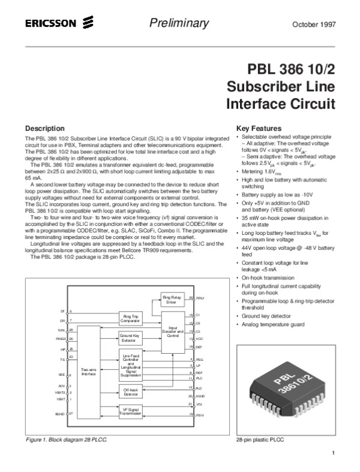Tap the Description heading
pos(44,129)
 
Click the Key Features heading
pos(259,129)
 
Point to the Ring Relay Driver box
pos(171,298)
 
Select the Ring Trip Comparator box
pos(131,318)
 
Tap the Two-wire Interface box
pos(89,372)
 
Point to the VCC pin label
pos(200,339)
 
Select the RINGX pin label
pos(60,339)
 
